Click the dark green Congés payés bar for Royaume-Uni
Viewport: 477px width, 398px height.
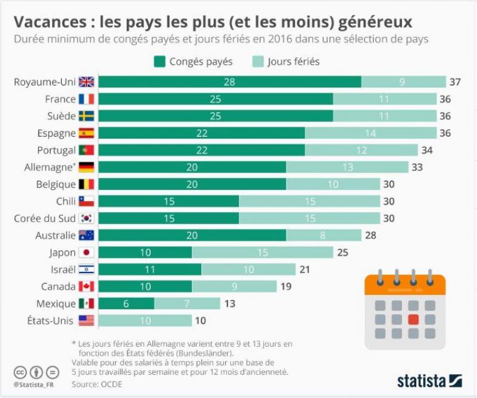pyautogui.click(x=229, y=82)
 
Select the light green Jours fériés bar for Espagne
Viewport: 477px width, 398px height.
pyautogui.click(x=370, y=133)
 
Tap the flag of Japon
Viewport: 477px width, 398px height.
pyautogui.click(x=87, y=253)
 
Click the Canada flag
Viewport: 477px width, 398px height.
pyautogui.click(x=87, y=287)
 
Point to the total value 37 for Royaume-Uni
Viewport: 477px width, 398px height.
pyautogui.click(x=456, y=82)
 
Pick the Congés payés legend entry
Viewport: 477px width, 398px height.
pyautogui.click(x=194, y=61)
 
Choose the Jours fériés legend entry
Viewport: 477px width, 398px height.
pyautogui.click(x=286, y=61)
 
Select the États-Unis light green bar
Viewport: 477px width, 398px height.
pyautogui.click(x=145, y=321)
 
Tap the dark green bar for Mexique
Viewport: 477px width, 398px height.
pyautogui.click(x=126, y=304)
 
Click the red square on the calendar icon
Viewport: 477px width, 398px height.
pyautogui.click(x=413, y=319)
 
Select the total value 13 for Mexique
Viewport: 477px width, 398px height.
pyautogui.click(x=230, y=304)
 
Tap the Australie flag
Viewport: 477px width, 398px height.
pyautogui.click(x=87, y=236)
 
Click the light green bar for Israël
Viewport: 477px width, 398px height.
pyautogui.click(x=249, y=269)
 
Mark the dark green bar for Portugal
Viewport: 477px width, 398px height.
pyautogui.click(x=201, y=150)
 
